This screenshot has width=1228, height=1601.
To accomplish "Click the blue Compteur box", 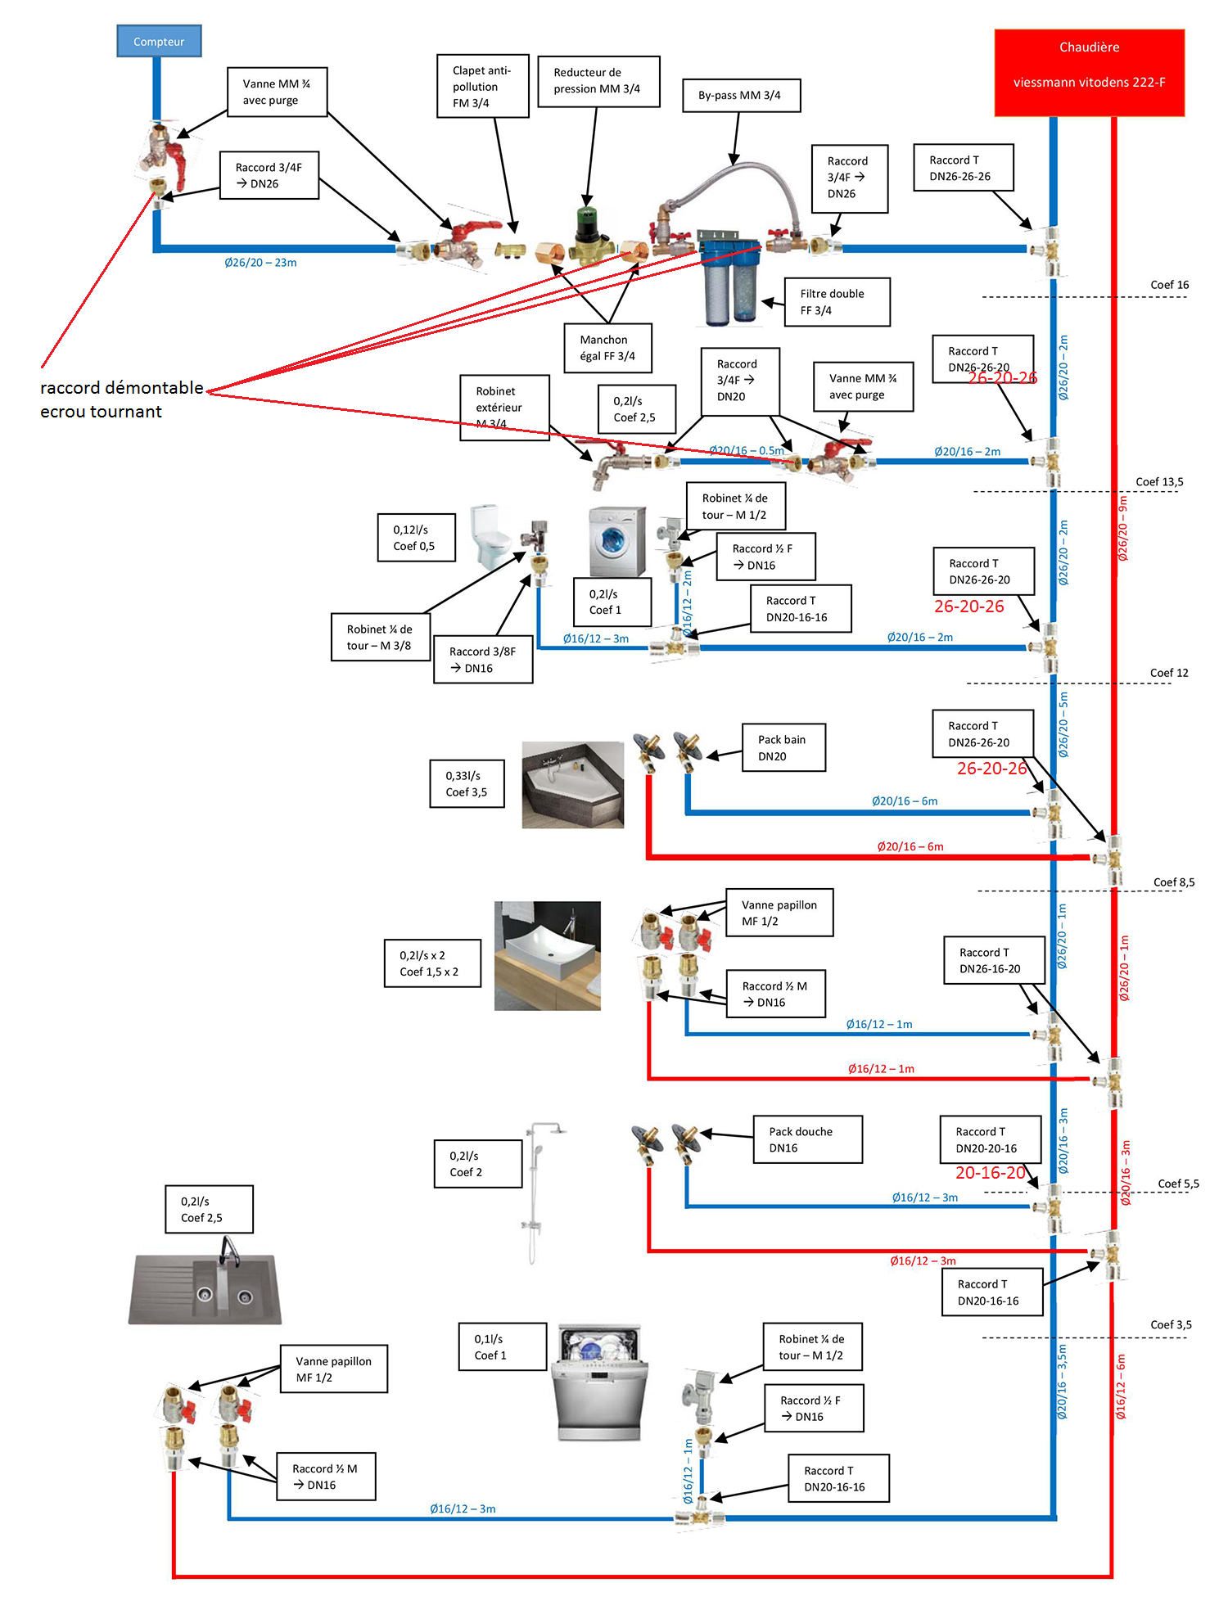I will click(159, 41).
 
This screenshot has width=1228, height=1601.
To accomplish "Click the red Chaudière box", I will click(1089, 72).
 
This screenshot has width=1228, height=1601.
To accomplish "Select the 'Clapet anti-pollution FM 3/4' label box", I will click(482, 87).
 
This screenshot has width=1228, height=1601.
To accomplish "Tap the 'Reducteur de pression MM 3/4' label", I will click(598, 81).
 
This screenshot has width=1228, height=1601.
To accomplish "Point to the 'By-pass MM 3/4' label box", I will click(741, 95).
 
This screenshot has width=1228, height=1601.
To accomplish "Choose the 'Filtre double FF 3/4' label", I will click(836, 302).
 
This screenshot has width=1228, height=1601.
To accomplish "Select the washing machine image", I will click(617, 541).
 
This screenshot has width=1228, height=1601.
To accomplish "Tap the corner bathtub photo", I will click(572, 784).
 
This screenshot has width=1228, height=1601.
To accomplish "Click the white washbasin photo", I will click(547, 955).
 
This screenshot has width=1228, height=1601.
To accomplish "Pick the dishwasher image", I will click(598, 1383).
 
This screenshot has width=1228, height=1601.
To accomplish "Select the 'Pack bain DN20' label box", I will click(783, 747).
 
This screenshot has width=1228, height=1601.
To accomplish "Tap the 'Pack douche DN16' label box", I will click(807, 1139).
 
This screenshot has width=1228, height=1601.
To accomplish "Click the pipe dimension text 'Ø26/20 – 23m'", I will click(260, 263).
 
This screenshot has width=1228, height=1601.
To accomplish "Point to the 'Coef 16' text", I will click(1169, 285).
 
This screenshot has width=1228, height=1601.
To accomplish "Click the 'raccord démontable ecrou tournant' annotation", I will click(121, 399).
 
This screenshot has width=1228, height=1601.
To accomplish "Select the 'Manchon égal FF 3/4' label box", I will click(607, 348).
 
